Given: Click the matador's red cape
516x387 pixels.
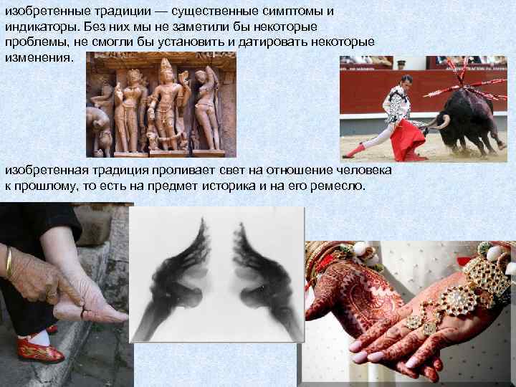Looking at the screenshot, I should pos(408,139).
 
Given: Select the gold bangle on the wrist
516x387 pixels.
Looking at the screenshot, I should pos(9,262).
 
